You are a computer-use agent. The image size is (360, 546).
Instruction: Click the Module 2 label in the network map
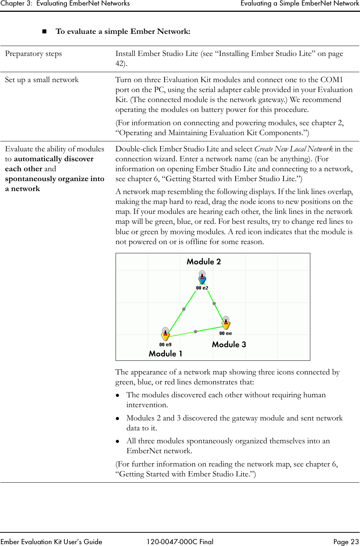point(204,262)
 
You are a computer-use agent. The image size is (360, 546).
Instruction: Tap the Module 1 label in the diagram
point(165,354)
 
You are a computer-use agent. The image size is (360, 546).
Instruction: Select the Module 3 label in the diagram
point(229,345)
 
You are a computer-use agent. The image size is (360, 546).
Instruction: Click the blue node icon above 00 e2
point(202,279)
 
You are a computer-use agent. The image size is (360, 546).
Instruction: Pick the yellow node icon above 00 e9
point(165,335)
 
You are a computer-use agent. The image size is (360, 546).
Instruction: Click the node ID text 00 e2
point(202,288)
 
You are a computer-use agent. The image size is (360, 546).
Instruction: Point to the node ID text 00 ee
point(226,333)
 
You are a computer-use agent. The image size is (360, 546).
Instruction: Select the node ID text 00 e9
point(165,345)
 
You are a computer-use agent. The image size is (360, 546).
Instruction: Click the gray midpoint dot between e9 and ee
point(195,331)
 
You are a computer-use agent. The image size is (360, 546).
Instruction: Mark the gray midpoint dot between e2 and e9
point(184,309)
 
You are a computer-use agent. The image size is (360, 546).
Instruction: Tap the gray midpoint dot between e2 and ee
point(214,303)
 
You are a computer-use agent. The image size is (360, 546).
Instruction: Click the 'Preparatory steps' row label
point(33,54)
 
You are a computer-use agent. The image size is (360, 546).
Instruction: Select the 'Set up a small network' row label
point(42,80)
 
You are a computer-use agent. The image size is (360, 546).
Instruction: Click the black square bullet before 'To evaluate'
point(45,32)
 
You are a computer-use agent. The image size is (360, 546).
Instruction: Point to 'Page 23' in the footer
point(345,542)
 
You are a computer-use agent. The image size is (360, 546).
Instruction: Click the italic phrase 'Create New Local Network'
point(293,149)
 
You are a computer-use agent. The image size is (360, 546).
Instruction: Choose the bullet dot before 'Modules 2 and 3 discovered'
point(118,419)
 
